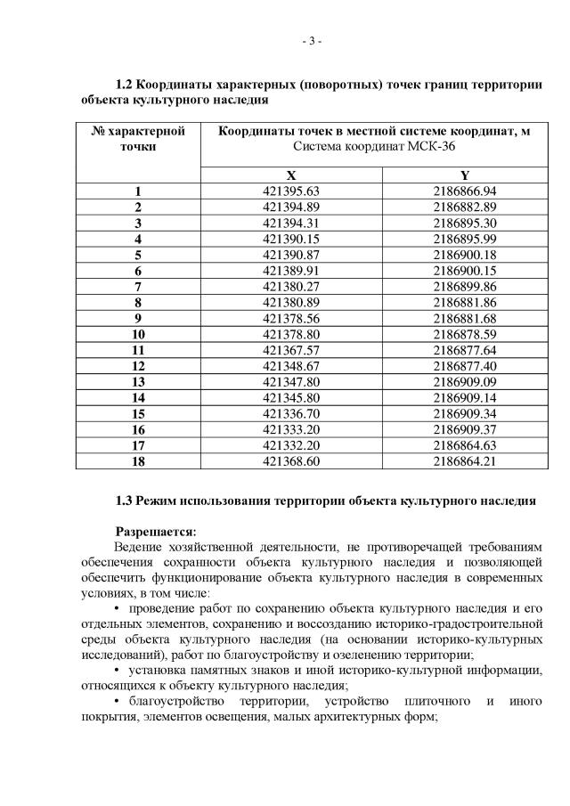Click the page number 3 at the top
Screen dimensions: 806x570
point(311,41)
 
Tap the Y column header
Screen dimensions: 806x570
point(463,175)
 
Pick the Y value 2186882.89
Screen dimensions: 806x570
point(463,207)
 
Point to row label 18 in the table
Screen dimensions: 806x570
point(138,461)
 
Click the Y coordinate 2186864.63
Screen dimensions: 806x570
point(463,445)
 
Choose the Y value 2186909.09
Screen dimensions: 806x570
point(463,382)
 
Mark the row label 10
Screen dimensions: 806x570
point(138,334)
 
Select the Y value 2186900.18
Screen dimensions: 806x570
point(463,255)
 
